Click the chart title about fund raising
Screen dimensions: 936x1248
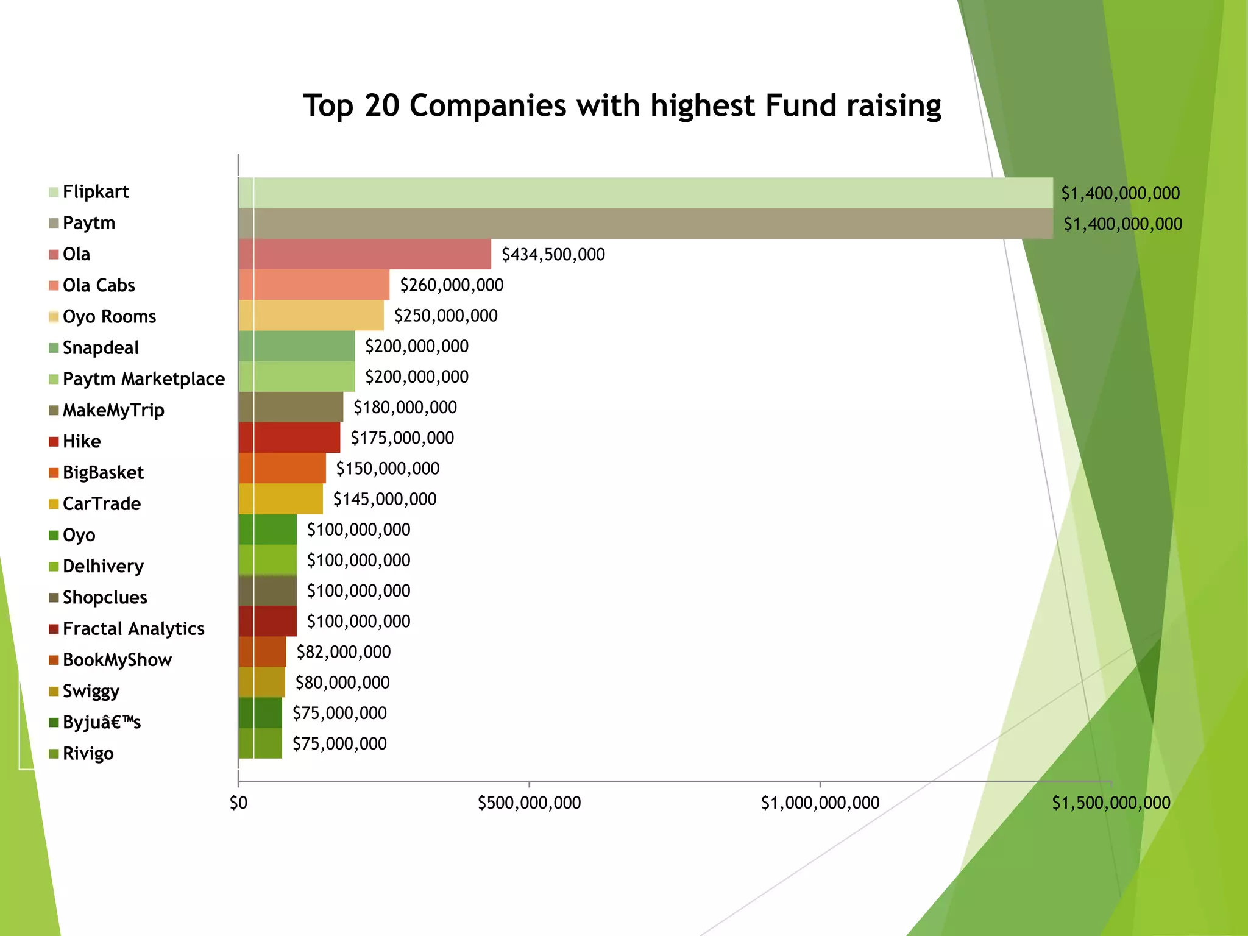622,106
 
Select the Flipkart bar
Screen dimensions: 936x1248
645,193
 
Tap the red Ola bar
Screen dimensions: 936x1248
364,254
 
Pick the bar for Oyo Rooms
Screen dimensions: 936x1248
311,316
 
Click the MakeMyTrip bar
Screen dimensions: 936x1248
291,407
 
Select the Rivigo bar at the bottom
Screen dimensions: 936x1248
260,743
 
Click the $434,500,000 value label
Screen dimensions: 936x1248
553,255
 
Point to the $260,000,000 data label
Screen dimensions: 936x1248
452,285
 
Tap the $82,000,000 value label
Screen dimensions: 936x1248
343,652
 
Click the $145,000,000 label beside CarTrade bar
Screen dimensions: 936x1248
385,499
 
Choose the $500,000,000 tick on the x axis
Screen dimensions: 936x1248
529,803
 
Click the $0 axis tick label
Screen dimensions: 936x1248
238,803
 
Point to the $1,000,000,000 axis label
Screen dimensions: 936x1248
820,803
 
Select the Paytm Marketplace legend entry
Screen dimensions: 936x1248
143,379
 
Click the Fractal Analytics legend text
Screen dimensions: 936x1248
133,628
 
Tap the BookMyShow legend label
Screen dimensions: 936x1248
117,660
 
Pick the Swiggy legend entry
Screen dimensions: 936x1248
91,691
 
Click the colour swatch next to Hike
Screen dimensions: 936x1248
54,442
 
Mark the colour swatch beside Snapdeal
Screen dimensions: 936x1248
54,348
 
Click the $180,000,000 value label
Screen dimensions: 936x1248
405,408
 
